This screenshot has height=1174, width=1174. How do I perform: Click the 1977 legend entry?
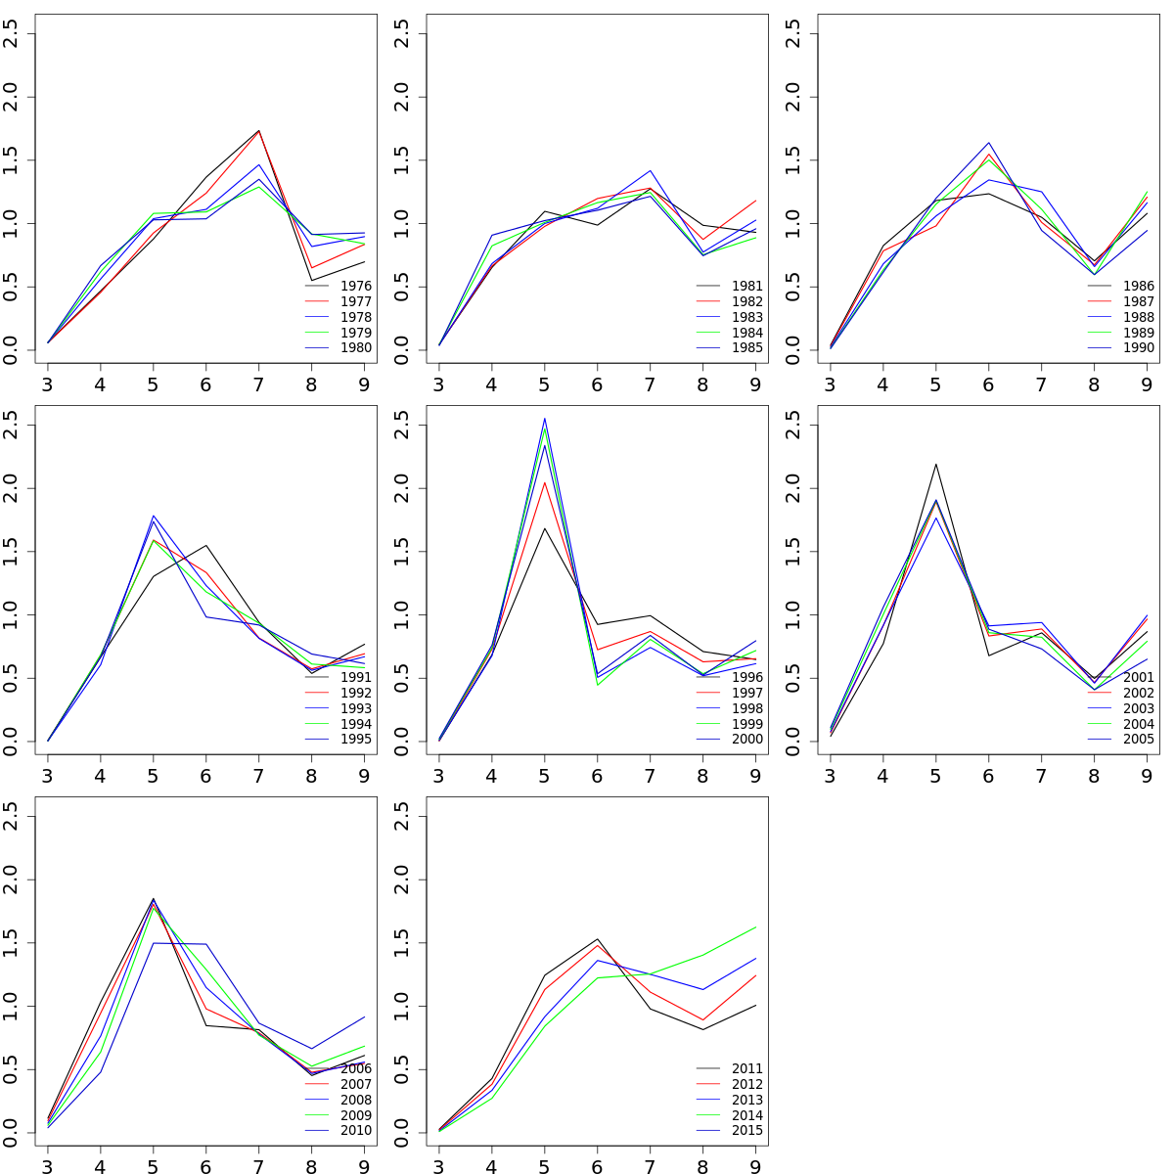(x=355, y=301)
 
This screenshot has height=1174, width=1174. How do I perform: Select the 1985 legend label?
(x=746, y=348)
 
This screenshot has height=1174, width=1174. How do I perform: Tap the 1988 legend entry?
(x=1138, y=317)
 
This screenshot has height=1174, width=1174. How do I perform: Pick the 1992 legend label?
(x=355, y=693)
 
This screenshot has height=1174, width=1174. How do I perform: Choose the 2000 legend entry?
(x=746, y=740)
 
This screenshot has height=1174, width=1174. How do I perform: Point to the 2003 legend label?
(x=1138, y=708)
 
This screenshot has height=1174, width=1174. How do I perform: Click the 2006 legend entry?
(x=355, y=1068)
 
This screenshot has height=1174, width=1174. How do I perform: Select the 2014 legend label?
(x=746, y=1115)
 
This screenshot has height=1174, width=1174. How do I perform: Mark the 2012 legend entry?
(x=746, y=1084)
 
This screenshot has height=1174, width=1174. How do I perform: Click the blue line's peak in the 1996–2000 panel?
(x=544, y=419)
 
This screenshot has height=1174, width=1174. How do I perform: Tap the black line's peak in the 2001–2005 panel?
(x=936, y=464)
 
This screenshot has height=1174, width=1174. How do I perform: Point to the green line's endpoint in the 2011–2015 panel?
(x=755, y=927)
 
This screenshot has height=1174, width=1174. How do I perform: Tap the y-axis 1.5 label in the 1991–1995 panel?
(x=11, y=552)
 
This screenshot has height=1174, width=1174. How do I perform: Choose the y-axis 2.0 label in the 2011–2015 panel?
(x=402, y=880)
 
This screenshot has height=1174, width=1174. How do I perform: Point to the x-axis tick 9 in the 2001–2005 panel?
(x=1147, y=776)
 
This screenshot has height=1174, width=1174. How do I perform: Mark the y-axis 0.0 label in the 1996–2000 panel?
(x=402, y=741)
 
